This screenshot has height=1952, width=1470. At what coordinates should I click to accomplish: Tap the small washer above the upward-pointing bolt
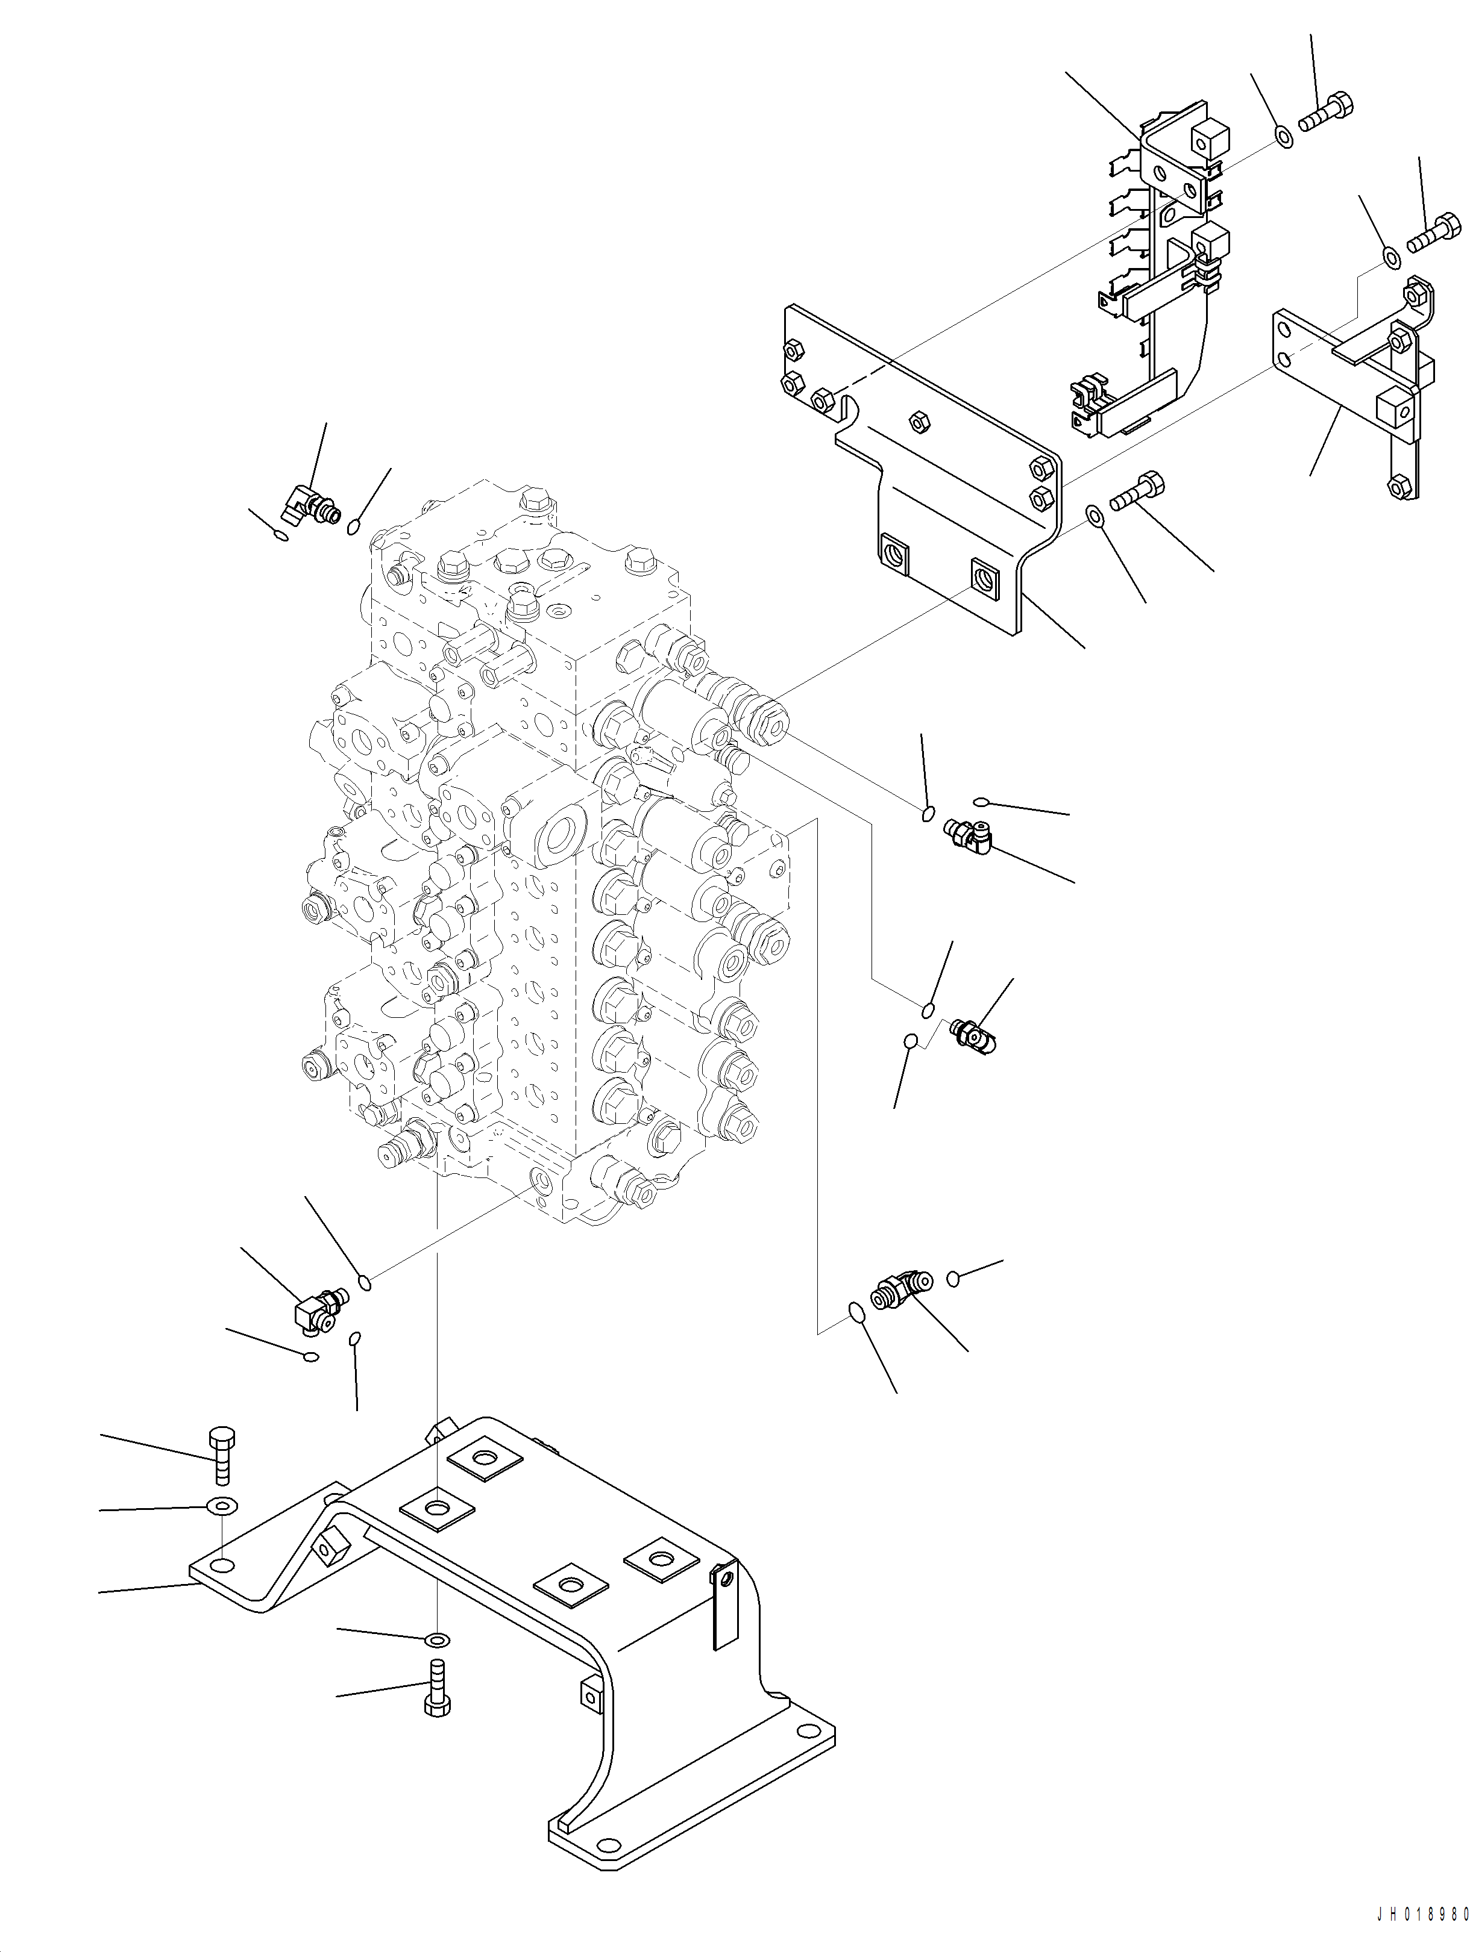click(437, 1639)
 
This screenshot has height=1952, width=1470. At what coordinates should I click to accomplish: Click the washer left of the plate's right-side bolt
click(1093, 514)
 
